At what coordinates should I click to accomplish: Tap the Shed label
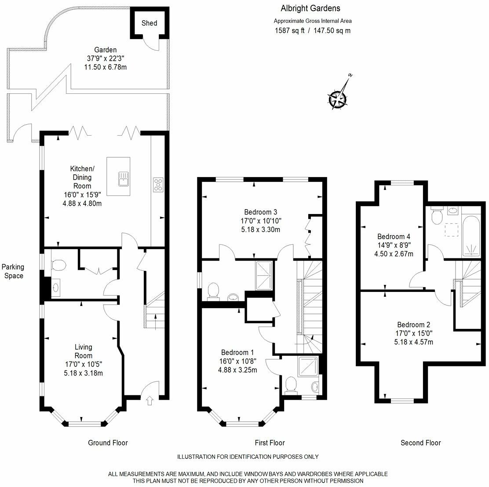[x=149, y=23]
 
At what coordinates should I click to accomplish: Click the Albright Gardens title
[x=310, y=8]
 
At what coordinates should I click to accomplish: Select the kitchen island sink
[x=124, y=178]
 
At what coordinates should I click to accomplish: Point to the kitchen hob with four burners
[x=158, y=184]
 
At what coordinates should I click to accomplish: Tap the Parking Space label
[x=13, y=271]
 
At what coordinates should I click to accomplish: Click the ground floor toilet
[x=58, y=265]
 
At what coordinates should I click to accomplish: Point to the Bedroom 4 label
[x=387, y=236]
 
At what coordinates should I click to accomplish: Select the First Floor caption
[x=270, y=443]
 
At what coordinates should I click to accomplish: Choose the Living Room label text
[x=83, y=351]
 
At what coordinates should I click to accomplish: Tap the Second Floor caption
[x=420, y=443]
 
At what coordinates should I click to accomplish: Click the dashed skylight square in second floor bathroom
[x=451, y=230]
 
